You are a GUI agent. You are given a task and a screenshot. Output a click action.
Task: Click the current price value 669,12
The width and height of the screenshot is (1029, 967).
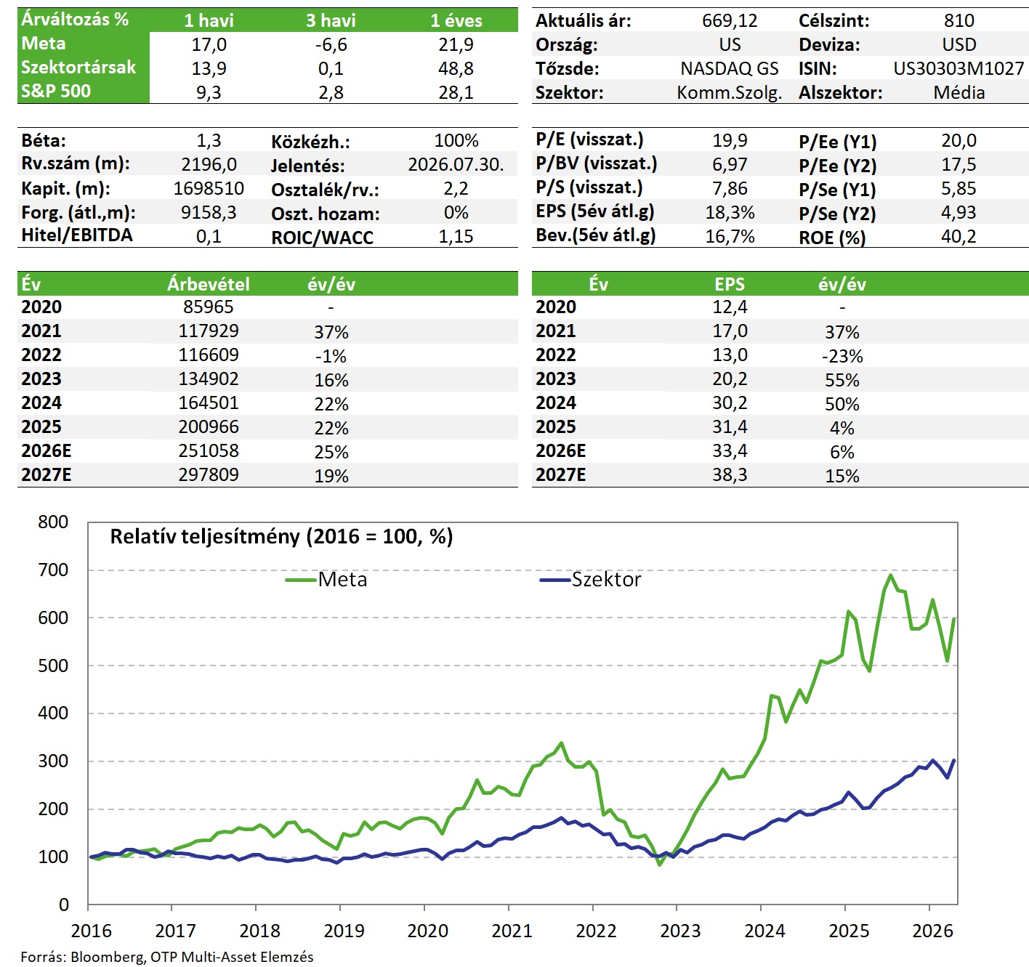[x=730, y=21]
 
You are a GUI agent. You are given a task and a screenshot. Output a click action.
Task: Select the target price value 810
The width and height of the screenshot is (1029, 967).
[x=959, y=21]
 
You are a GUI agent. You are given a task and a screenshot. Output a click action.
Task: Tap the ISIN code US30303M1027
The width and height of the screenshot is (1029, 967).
[x=959, y=68]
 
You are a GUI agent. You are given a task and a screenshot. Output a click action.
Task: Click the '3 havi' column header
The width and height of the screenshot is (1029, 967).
[x=331, y=21]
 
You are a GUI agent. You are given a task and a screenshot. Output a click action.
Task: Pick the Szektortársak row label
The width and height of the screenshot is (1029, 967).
[x=78, y=68]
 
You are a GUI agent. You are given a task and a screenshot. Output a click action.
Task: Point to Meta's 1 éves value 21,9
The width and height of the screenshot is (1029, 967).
[x=456, y=44]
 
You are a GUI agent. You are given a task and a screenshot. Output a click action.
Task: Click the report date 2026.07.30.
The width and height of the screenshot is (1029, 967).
[x=456, y=165]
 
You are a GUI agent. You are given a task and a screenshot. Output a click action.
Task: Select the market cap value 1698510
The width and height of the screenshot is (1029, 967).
[x=209, y=189]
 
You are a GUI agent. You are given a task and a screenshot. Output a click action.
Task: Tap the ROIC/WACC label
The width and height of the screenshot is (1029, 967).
[x=322, y=238]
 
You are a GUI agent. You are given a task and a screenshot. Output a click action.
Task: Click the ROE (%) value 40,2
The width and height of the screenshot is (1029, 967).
[x=959, y=237]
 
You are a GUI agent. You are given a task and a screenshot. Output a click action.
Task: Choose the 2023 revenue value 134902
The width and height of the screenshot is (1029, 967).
[x=209, y=379]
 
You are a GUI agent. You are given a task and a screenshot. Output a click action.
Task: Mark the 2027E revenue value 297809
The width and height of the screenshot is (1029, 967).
[x=209, y=475]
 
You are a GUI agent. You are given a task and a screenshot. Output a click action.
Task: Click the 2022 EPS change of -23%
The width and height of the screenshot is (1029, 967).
[x=842, y=356]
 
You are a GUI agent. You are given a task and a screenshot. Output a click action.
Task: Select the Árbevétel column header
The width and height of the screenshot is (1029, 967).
[x=209, y=284]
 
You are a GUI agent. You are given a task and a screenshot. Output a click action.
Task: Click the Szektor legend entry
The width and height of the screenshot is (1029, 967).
[x=591, y=579]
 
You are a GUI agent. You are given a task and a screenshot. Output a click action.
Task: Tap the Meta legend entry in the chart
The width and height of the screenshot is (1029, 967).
[x=326, y=579]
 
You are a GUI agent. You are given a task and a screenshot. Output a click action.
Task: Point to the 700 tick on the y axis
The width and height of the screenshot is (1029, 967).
[x=53, y=570]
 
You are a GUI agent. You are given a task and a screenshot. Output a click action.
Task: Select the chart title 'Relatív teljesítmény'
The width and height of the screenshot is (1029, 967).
[x=205, y=536]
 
